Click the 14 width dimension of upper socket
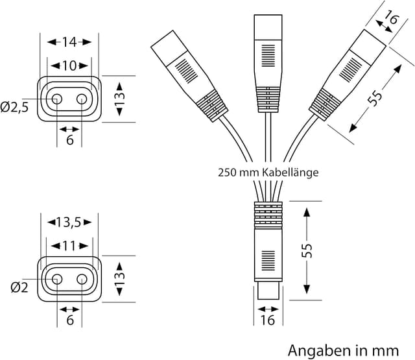69,42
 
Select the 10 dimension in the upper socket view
69,66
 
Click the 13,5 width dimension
69,223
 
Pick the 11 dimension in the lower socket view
69,246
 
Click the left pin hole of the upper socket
57,99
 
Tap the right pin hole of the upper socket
82,99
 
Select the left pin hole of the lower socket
57,279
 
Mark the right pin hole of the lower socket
82,279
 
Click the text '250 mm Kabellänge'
268,173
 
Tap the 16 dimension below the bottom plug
267,320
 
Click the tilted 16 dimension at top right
390,19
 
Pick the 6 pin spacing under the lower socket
69,320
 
